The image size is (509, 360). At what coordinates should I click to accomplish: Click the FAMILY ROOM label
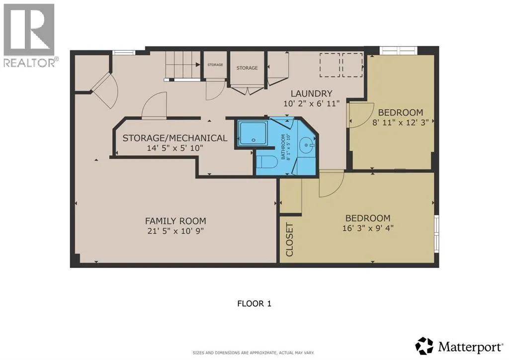click(x=175, y=221)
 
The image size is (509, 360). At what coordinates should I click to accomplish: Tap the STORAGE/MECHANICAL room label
click(x=174, y=138)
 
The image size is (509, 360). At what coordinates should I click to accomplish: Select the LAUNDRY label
click(x=311, y=93)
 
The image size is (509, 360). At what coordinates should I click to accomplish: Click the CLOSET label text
click(x=289, y=240)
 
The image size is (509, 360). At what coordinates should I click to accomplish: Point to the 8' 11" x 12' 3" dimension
click(x=401, y=122)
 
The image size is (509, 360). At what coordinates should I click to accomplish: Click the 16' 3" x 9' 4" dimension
click(x=368, y=228)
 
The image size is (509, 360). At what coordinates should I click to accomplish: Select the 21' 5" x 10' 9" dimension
click(x=175, y=231)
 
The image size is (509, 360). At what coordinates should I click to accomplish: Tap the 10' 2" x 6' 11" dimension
click(x=311, y=104)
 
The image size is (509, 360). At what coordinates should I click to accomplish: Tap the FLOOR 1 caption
click(x=254, y=304)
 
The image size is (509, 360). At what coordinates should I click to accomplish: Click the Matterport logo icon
click(x=424, y=346)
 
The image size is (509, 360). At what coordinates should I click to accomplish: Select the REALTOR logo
click(x=29, y=35)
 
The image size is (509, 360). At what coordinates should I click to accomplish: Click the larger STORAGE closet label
click(x=247, y=68)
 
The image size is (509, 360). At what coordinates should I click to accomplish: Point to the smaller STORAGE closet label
click(x=215, y=65)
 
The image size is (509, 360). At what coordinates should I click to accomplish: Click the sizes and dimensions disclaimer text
click(x=254, y=353)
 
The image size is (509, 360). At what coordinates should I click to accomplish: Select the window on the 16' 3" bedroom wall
click(x=436, y=233)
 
